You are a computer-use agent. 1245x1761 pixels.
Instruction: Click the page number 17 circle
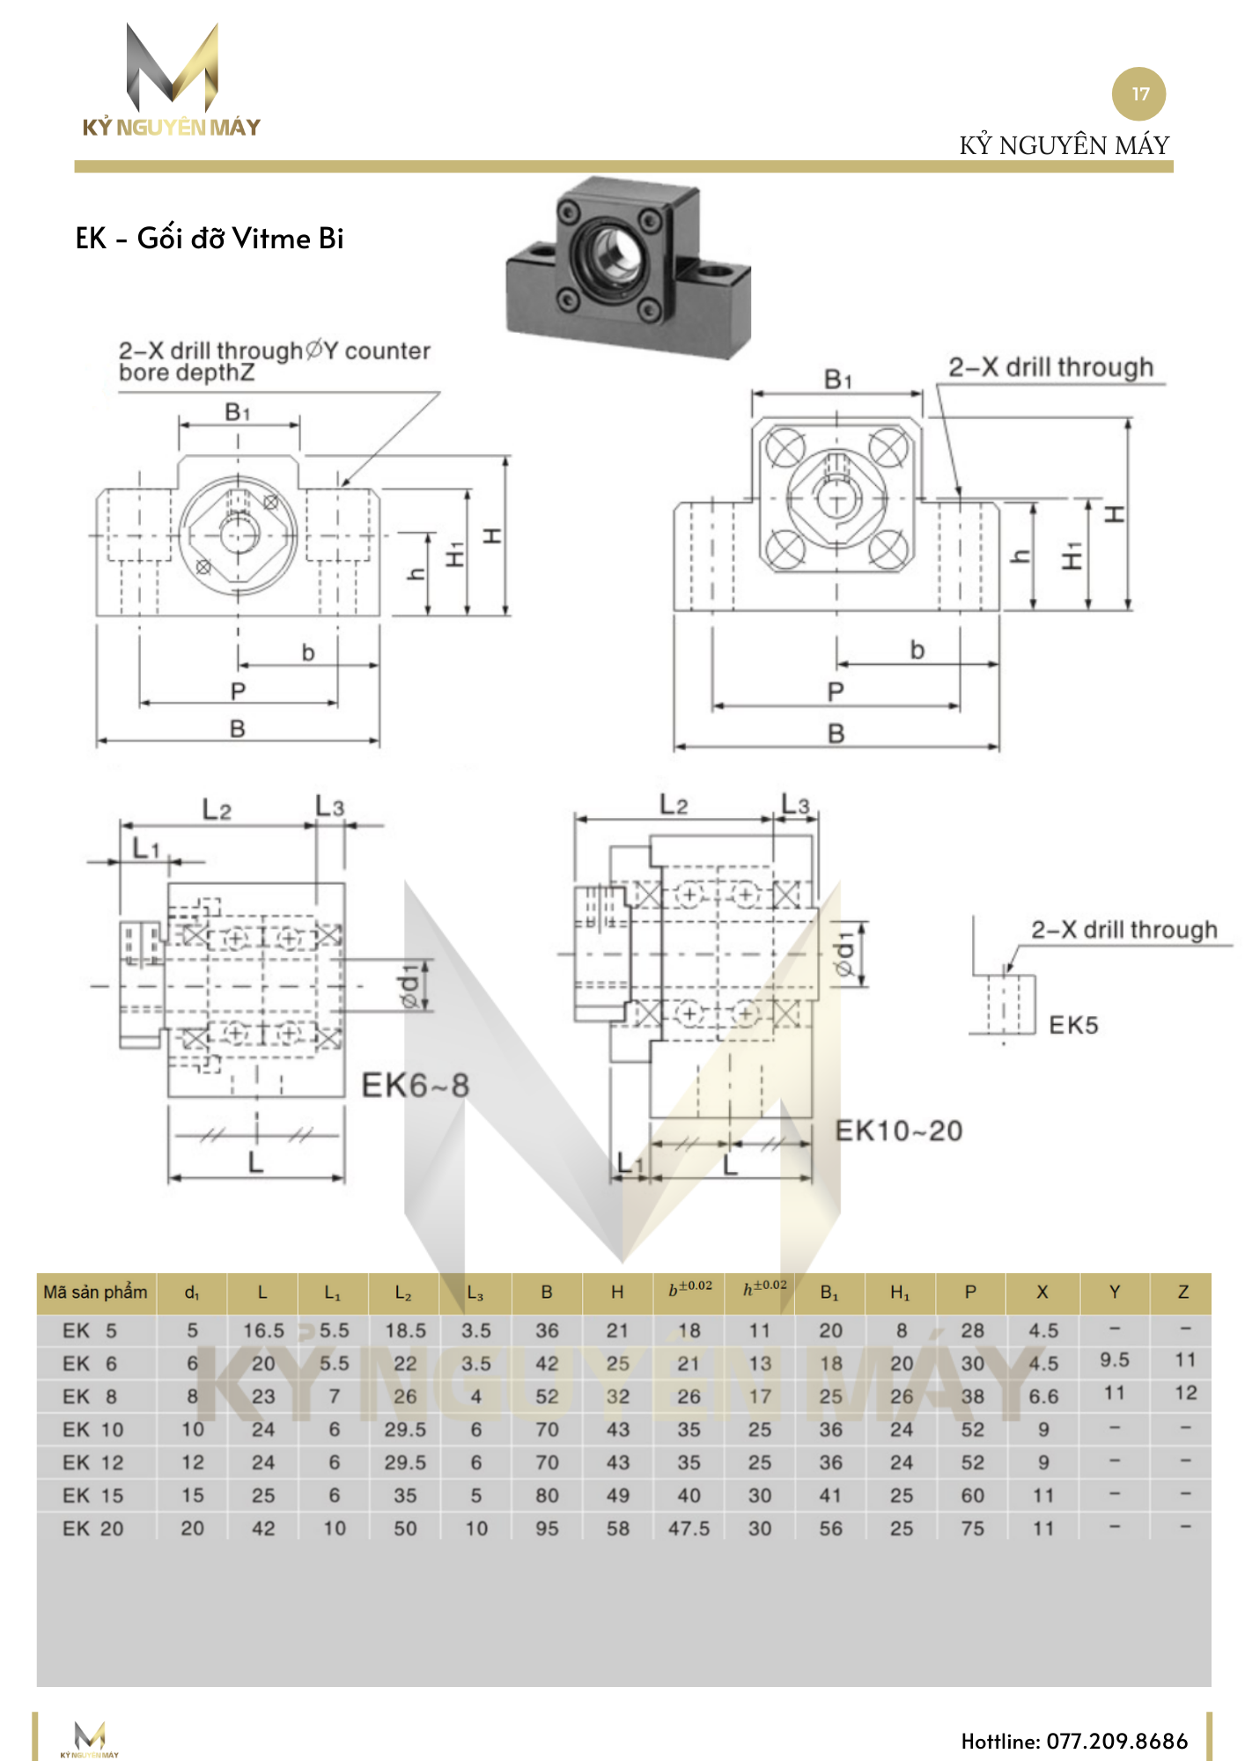coord(1138,94)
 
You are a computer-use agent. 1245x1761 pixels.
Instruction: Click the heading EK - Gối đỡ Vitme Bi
coord(210,239)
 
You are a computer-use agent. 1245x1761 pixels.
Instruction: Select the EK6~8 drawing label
coord(416,1086)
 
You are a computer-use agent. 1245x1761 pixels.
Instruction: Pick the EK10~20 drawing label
coord(898,1131)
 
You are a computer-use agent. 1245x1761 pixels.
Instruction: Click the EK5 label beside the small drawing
coord(1073,1025)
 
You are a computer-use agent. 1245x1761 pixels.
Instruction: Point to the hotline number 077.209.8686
coord(1074,1741)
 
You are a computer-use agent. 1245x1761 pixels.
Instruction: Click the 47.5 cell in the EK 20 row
coord(689,1529)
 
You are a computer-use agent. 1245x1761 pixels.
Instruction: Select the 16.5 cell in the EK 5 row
coord(263,1330)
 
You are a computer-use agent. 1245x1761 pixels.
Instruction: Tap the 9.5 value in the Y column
coord(1114,1360)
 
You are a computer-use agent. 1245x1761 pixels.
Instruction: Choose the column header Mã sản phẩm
coord(95,1292)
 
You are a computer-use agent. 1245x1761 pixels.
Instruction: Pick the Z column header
coord(1183,1292)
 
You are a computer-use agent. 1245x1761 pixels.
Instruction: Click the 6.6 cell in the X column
coord(1043,1396)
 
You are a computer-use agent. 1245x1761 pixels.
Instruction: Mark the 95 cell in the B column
coord(547,1529)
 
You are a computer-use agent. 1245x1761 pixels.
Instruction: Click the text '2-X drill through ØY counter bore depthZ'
coord(274,361)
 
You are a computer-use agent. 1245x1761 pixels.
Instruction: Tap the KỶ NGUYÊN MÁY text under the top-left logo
coord(172,128)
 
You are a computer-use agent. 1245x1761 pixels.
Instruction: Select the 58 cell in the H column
coord(617,1529)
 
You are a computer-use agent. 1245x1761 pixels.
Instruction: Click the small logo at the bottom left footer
coord(90,1739)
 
